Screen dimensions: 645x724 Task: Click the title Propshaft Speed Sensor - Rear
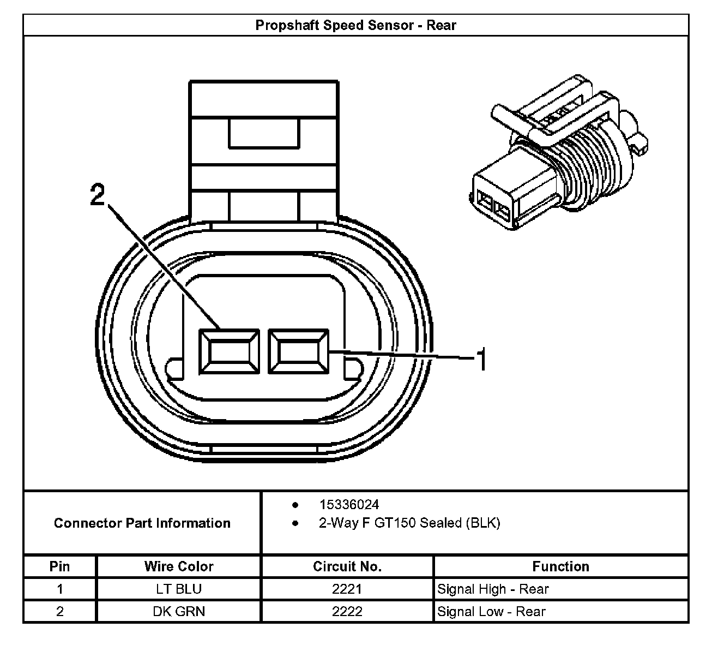[355, 25]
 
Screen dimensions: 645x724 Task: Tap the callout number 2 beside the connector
[98, 195]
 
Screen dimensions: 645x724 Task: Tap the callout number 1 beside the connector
[481, 360]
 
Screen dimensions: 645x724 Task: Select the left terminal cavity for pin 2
[228, 352]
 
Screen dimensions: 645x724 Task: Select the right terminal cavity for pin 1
[298, 351]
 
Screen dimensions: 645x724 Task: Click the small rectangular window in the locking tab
[264, 134]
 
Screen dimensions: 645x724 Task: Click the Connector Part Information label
[142, 523]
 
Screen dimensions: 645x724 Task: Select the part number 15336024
[349, 505]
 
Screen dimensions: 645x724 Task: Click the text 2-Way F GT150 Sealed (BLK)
[409, 523]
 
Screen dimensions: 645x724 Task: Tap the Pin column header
[59, 566]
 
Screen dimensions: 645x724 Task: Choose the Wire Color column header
[179, 566]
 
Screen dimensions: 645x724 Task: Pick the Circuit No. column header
[347, 566]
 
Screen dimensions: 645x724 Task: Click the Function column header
[560, 566]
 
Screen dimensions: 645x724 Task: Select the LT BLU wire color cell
[179, 589]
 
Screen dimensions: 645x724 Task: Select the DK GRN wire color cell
[179, 611]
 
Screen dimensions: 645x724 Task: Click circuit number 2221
[347, 589]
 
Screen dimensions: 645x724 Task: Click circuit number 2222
[347, 611]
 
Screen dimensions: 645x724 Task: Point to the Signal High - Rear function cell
[493, 589]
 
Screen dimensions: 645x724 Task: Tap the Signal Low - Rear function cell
[491, 611]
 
